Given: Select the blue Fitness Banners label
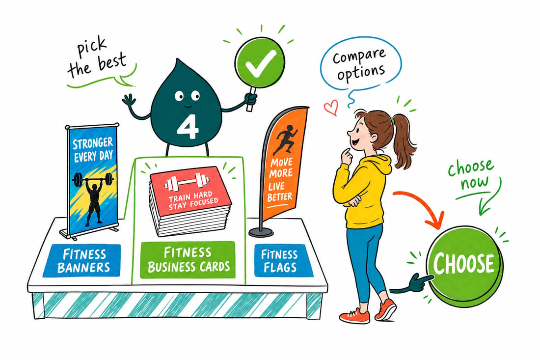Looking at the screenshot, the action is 81,260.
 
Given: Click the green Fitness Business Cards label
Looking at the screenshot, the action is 188,260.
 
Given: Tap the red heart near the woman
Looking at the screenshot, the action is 331,108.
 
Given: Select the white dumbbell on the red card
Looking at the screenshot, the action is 188,182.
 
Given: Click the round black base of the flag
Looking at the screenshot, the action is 261,232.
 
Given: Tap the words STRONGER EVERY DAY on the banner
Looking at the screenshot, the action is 93,149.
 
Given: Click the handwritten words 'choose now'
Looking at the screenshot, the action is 470,174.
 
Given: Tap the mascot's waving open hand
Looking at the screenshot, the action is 130,102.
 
